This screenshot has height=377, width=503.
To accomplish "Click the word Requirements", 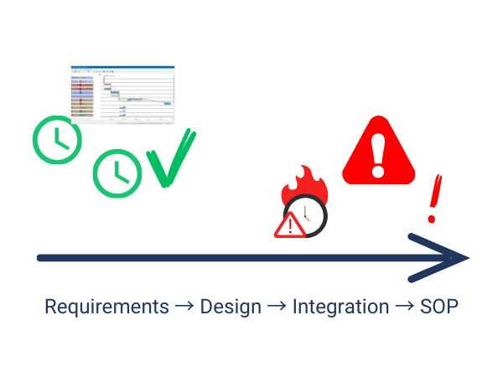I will (106, 307).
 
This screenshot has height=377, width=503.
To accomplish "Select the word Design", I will (231, 307).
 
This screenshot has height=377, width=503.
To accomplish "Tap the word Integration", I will (340, 307).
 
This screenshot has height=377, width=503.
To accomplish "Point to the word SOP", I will (438, 307).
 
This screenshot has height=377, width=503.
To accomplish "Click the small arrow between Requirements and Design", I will (184, 307).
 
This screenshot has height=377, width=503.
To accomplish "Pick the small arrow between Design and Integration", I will (277, 307).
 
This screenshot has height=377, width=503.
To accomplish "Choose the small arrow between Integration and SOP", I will (403, 307).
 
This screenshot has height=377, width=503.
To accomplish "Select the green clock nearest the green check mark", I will (117, 173).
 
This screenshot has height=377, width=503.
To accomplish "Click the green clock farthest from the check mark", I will (57, 138).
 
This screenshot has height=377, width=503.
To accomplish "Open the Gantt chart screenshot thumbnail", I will (122, 95).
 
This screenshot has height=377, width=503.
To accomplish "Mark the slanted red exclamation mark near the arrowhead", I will (433, 199).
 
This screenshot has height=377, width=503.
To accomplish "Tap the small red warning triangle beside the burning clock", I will (290, 225).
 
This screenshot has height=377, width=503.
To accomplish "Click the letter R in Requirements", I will (49, 307).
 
